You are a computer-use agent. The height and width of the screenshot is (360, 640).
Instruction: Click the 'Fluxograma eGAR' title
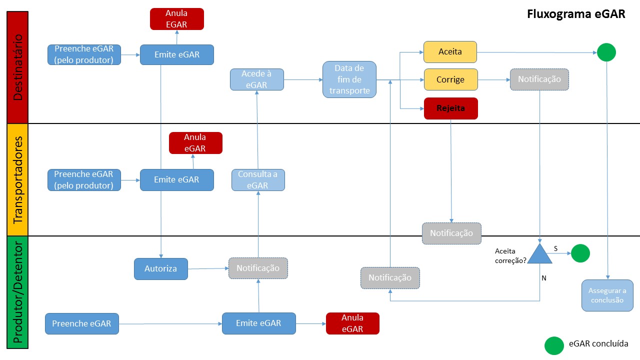(576, 14)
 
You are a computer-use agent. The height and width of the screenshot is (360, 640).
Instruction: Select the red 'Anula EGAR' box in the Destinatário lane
(177, 19)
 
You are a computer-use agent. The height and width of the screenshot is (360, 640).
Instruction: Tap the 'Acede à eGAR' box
(256, 79)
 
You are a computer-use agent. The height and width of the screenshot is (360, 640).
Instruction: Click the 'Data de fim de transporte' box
(349, 79)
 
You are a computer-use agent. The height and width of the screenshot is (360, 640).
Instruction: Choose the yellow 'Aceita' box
(450, 52)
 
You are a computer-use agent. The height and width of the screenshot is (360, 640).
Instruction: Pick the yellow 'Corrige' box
(450, 79)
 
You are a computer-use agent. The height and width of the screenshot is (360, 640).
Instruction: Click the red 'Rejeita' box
(450, 108)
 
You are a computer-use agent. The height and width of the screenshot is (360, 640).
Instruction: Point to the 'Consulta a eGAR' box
(258, 180)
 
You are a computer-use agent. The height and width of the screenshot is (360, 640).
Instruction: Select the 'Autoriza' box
(161, 269)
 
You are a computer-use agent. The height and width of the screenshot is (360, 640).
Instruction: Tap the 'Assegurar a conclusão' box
(607, 295)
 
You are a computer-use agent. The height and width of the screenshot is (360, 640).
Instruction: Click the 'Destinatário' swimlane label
(18, 67)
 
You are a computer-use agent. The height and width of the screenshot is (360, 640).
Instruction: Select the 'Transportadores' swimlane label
(18, 180)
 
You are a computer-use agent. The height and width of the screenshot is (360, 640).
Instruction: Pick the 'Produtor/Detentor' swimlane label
(18, 293)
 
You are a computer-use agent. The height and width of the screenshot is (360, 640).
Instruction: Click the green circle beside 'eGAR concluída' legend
(554, 345)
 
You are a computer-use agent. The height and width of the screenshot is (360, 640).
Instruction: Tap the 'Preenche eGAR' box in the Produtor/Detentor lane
(82, 323)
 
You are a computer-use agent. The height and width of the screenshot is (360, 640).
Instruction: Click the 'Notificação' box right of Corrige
(539, 79)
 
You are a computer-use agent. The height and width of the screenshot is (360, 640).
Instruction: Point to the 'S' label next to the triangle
(555, 248)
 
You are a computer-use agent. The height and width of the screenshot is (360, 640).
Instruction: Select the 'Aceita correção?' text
(510, 255)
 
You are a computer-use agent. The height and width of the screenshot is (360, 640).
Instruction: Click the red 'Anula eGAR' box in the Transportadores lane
(195, 143)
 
